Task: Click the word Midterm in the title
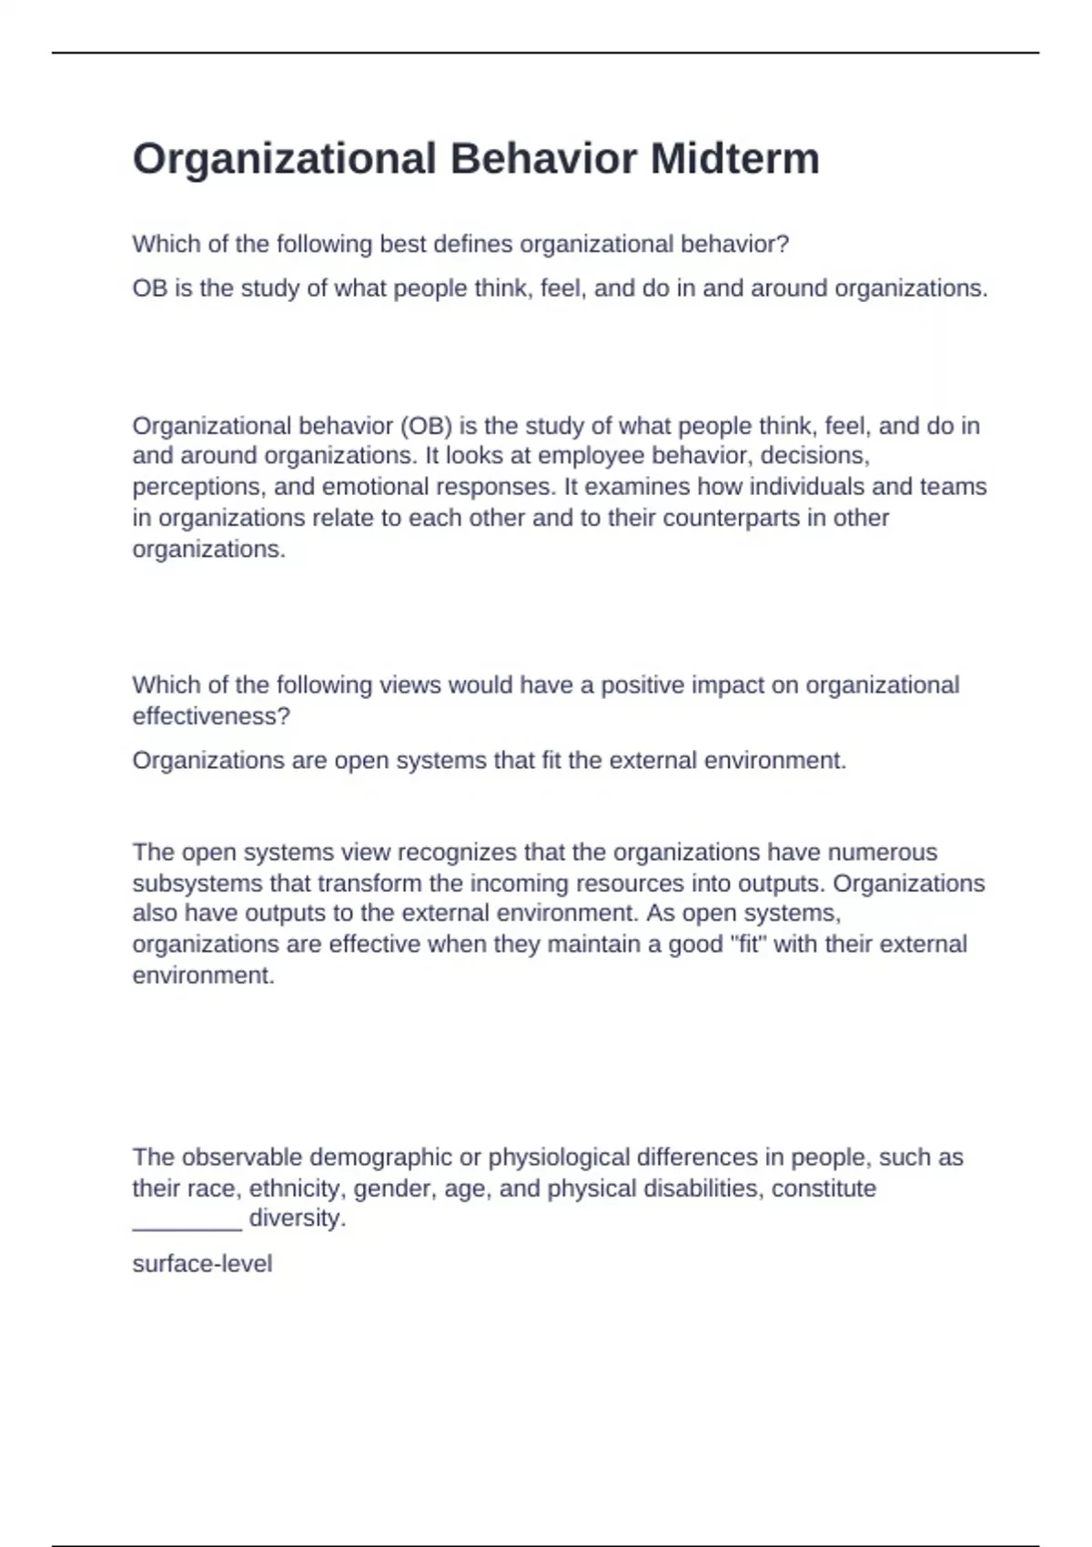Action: (x=734, y=158)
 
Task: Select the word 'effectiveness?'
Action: (x=211, y=716)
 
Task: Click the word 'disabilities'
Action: (x=701, y=1188)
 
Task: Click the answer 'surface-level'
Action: (x=202, y=1264)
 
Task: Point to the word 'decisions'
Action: (x=818, y=455)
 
